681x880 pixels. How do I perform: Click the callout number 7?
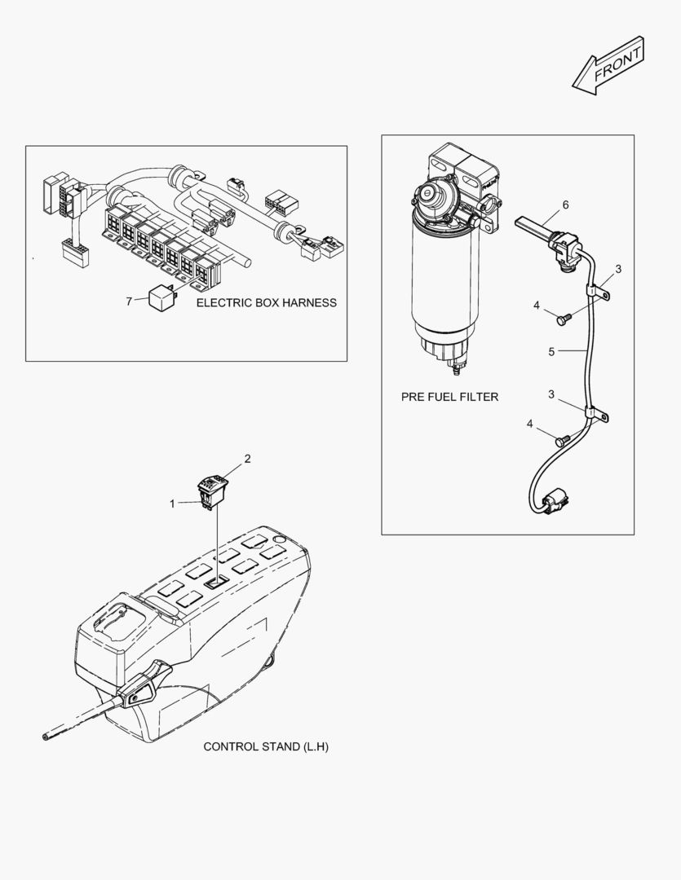(x=129, y=301)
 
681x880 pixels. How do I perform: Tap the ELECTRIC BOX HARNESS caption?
(x=266, y=302)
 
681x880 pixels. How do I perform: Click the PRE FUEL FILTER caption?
(x=449, y=397)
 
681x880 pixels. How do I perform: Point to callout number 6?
(x=565, y=205)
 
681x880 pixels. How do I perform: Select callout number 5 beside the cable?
(x=551, y=352)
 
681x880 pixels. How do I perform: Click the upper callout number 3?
(x=618, y=268)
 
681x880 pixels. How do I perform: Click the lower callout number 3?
(x=551, y=394)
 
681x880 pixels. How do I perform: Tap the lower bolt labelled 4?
(x=560, y=440)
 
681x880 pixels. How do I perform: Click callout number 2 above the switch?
(x=247, y=458)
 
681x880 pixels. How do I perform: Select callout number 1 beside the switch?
(x=172, y=504)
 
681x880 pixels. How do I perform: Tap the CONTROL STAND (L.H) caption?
(x=265, y=746)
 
